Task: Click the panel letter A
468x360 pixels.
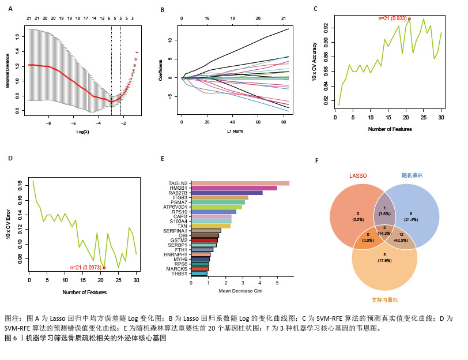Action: click(x=10, y=9)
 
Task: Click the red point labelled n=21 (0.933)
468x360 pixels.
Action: click(x=409, y=18)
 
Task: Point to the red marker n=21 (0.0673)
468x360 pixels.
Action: click(x=104, y=268)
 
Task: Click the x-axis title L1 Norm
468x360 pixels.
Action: click(x=233, y=133)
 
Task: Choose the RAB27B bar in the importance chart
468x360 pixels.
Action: click(x=227, y=193)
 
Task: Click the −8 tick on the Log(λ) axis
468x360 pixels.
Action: click(x=48, y=123)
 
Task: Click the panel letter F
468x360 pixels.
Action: click(x=316, y=160)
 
